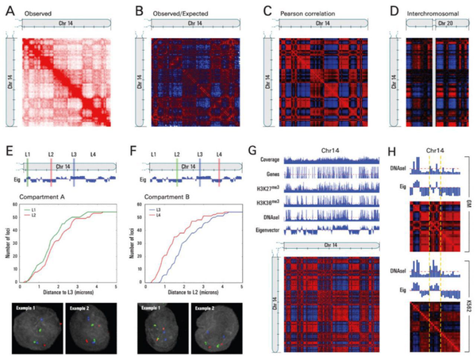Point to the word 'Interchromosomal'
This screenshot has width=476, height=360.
(x=435, y=13)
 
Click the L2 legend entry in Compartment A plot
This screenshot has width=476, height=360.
(x=34, y=213)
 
